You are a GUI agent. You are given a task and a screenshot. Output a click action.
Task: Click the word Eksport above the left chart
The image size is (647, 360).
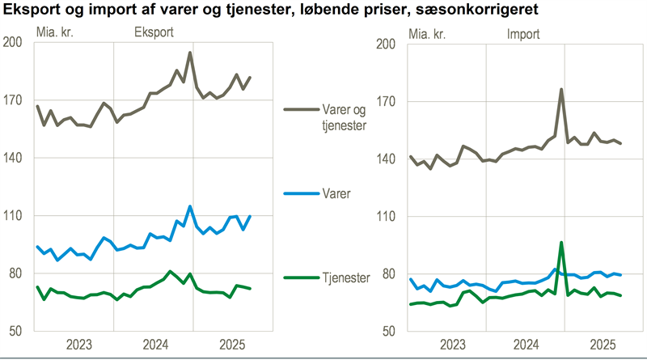tap(153, 33)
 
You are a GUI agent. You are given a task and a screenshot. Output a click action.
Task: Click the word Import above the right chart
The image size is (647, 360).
tap(523, 33)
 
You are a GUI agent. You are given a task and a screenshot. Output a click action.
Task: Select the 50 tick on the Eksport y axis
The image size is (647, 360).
tap(15, 331)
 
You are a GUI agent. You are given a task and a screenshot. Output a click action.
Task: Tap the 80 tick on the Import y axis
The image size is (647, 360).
tap(388, 273)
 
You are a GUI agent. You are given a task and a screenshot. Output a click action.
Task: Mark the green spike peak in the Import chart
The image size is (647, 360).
tap(561, 242)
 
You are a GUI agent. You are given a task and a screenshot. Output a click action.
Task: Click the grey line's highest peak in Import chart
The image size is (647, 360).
tap(561, 89)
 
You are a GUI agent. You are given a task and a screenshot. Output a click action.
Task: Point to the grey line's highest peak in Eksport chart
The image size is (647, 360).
tap(189, 53)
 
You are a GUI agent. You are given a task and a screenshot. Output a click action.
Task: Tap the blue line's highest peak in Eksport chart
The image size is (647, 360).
tap(190, 206)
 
